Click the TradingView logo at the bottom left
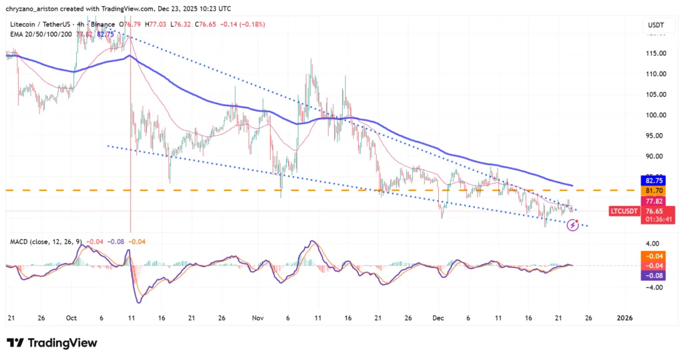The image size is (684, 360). pyautogui.click(x=52, y=343)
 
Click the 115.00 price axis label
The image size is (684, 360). pyautogui.click(x=654, y=53)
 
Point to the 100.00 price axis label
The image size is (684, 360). pyautogui.click(x=654, y=115)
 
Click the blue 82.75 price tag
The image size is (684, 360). pyautogui.click(x=653, y=180)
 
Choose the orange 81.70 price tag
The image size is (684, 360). pyautogui.click(x=653, y=190)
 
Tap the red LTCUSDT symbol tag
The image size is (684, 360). pyautogui.click(x=626, y=211)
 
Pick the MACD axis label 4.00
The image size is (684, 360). pyautogui.click(x=652, y=244)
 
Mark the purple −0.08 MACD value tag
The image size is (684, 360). pyautogui.click(x=653, y=275)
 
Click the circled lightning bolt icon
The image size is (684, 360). pyautogui.click(x=572, y=226)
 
